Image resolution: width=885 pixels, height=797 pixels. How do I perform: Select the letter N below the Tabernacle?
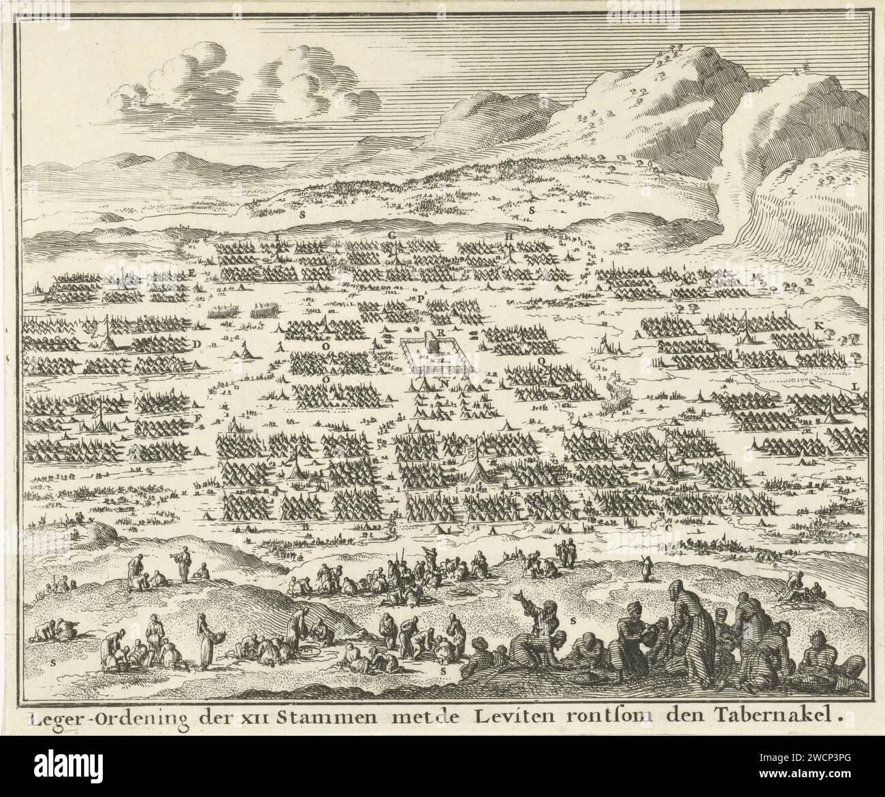tap(444, 383)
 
